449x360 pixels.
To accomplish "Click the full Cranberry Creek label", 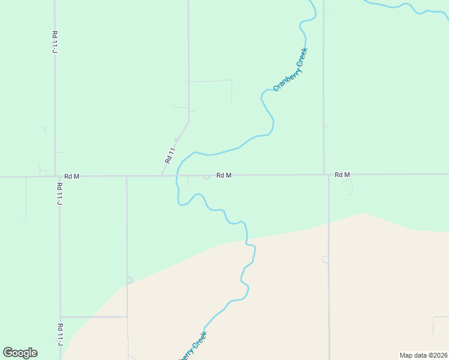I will coord(291,69).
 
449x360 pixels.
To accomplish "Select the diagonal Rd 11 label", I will coord(170,155).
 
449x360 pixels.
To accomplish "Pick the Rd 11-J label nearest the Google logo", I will coord(60,335).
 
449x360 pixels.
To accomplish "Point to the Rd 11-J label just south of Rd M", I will coord(59,194).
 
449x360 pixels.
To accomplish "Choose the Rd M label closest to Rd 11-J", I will coord(72,176).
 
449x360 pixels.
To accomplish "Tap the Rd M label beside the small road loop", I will coord(224,175).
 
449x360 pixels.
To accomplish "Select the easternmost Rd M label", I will coord(342,175).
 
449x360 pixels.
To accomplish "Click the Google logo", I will coord(20,353).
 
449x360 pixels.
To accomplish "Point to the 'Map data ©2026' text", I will coord(423,355).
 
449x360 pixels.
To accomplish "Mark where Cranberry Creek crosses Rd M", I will coord(178,176).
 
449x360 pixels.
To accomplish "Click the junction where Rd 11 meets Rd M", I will coord(161,176).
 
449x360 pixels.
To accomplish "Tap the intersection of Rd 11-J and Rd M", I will coord(55,176).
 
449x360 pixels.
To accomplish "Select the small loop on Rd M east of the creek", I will coord(206,176).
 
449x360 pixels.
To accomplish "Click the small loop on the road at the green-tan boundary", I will coord(129,280).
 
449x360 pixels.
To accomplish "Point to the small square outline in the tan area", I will coord(325,259).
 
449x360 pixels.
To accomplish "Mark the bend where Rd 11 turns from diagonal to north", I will coord(188,123).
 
